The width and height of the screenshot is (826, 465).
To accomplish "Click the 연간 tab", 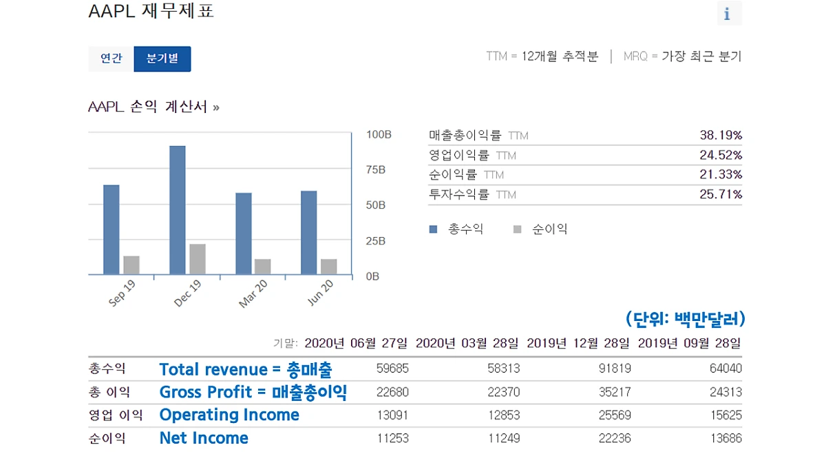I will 111,59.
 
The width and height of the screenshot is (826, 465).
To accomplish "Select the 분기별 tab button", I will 162,59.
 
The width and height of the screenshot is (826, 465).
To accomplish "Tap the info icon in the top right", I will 728,14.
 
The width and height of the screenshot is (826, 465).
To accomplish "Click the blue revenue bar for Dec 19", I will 177,210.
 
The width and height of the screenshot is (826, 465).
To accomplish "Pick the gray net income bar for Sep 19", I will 131,265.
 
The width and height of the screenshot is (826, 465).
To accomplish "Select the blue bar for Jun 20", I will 309,233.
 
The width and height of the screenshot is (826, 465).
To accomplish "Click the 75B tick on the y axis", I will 377,170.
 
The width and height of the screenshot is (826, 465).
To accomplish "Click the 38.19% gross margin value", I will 721,136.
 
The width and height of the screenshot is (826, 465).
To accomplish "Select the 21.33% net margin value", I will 721,175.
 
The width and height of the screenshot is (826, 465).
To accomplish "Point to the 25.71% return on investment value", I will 721,195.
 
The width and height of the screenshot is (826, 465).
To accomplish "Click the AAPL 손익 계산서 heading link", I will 153,107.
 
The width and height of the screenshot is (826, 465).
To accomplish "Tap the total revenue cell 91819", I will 615,369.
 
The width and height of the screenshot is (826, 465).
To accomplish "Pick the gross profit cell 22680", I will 392,392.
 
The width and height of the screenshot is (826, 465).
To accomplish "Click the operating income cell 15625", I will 726,415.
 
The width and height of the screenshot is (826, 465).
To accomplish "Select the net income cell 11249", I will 504,438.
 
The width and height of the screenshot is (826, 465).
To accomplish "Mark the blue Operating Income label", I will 229,415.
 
